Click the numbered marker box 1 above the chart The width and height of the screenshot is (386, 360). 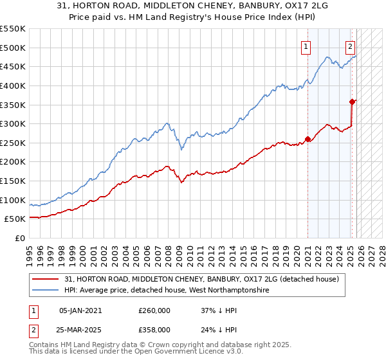(306, 46)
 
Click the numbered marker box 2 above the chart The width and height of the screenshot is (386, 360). (350, 46)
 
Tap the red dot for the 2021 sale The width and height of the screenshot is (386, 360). (308, 139)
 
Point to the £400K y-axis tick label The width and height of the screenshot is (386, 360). (13, 85)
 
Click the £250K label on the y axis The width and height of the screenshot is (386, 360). (13, 143)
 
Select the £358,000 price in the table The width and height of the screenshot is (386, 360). (154, 329)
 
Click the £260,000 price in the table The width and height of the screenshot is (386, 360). (154, 310)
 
